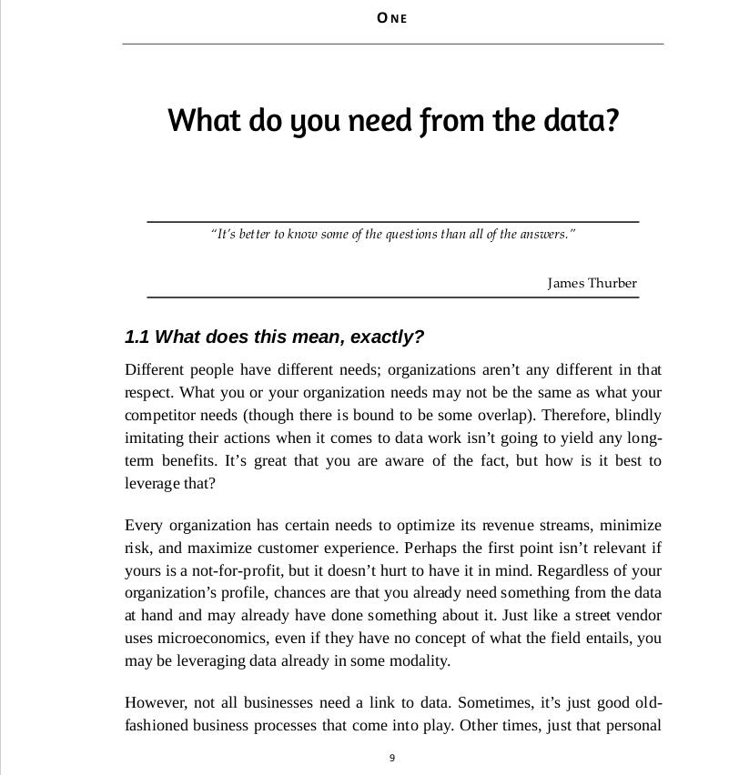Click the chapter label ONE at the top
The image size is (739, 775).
pos(392,18)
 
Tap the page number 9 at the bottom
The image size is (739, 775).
pos(392,758)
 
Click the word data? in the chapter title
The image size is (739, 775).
pos(581,120)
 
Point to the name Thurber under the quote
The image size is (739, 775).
pos(613,283)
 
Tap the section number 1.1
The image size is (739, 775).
pos(137,337)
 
